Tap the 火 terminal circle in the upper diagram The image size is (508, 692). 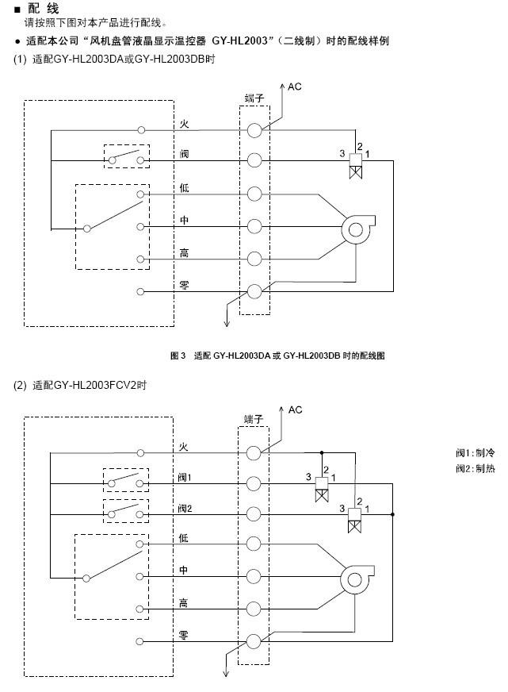254,130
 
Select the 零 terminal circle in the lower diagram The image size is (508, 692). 254,641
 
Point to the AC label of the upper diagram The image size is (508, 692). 294,86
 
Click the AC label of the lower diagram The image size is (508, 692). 295,410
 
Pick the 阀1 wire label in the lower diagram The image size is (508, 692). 185,478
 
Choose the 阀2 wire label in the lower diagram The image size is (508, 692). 185,509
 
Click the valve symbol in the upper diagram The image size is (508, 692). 356,166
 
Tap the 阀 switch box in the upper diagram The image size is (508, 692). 127,156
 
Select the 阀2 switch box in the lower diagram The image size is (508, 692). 126,511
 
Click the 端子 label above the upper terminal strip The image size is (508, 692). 254,98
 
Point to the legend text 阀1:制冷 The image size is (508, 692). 476,453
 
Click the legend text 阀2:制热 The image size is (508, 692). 476,468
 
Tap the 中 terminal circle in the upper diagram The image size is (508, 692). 254,226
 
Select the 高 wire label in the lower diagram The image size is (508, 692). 183,603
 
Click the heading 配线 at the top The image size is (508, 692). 43,9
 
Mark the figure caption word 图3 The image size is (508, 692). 178,356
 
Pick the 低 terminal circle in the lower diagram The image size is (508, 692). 254,544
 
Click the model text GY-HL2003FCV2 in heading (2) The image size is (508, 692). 95,385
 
